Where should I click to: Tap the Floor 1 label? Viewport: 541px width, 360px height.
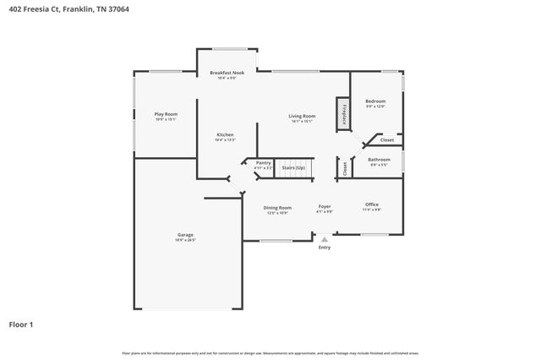click(22, 323)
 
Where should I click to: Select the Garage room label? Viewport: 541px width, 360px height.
click(185, 234)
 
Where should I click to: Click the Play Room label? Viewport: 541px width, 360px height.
click(166, 113)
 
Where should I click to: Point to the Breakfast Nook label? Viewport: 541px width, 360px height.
click(227, 74)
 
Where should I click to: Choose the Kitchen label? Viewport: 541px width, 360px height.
click(225, 134)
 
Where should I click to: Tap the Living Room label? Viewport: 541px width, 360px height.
click(302, 116)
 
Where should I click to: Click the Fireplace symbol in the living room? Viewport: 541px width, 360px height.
click(343, 114)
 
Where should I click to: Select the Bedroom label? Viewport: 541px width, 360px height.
click(375, 101)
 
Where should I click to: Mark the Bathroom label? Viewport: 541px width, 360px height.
click(379, 159)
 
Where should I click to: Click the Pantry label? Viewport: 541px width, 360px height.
click(264, 162)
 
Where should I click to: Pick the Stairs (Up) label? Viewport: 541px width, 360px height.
click(293, 167)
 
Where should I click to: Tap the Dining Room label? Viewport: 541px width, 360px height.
click(277, 207)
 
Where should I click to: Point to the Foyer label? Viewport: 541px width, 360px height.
click(325, 206)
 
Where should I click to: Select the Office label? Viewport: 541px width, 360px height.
click(372, 204)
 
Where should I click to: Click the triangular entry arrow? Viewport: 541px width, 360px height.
click(325, 239)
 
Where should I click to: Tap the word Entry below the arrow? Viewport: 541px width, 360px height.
click(325, 248)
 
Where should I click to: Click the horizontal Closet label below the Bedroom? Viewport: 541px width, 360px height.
click(386, 139)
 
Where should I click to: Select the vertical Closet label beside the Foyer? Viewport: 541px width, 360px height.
click(345, 167)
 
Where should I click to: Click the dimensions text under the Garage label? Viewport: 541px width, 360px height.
click(185, 240)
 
